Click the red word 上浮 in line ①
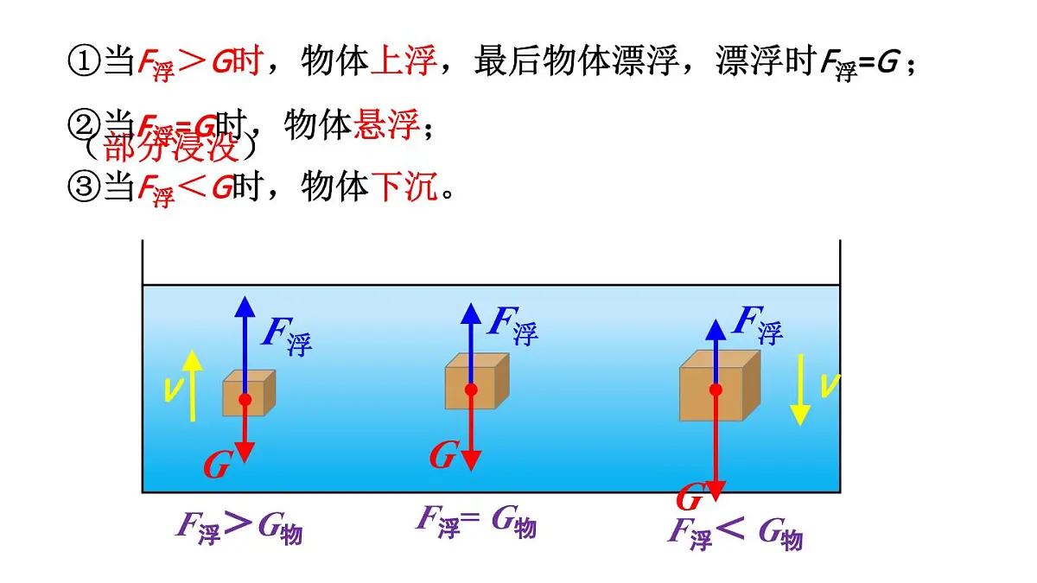[403, 61]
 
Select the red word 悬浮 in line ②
[386, 126]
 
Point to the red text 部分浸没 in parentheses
[170, 148]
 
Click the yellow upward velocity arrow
[193, 384]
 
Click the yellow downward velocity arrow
[801, 389]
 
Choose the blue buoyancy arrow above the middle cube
[471, 341]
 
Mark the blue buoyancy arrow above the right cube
[716, 350]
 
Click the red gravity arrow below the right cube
[716, 449]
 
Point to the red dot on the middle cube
[471, 390]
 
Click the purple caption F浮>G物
[239, 526]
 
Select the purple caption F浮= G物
[476, 520]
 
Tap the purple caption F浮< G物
[735, 532]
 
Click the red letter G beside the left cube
[216, 466]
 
